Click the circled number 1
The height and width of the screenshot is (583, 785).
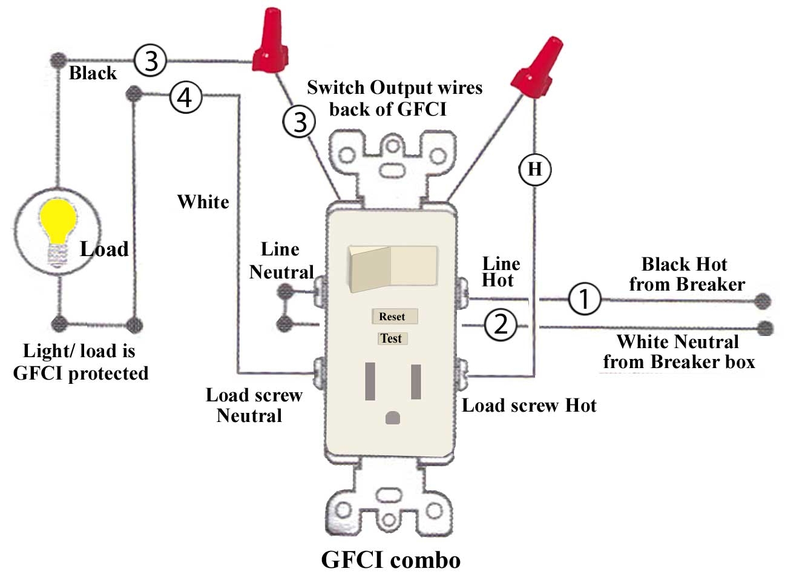tap(584, 298)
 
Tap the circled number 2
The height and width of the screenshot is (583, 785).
tap(501, 325)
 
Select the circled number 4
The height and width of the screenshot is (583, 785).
tap(185, 96)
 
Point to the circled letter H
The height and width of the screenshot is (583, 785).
tap(535, 169)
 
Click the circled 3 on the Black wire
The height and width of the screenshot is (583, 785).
tap(150, 60)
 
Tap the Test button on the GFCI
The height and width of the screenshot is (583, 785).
tap(391, 338)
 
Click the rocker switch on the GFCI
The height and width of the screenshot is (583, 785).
tap(392, 266)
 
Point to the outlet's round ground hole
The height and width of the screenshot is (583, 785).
tap(392, 418)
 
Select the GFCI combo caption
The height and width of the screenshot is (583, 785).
tap(390, 559)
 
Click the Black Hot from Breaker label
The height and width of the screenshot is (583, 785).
tap(686, 274)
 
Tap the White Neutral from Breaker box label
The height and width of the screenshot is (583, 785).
tap(678, 352)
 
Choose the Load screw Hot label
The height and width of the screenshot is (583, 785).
tap(529, 405)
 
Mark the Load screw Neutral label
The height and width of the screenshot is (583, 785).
tap(253, 405)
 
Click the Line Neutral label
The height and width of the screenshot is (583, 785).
tap(281, 261)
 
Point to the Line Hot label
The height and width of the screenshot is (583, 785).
tap(500, 272)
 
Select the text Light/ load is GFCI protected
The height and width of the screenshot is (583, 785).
tap(80, 362)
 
